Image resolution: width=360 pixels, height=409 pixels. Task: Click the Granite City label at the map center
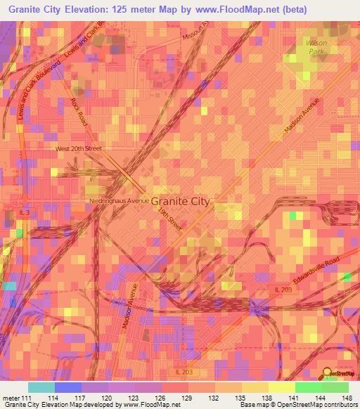click(180, 200)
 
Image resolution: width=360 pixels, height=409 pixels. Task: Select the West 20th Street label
click(79, 149)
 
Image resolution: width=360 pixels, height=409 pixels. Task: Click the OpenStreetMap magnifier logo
click(328, 375)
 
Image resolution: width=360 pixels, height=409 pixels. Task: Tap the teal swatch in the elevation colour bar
click(41, 387)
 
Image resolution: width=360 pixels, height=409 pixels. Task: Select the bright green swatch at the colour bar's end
click(335, 387)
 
